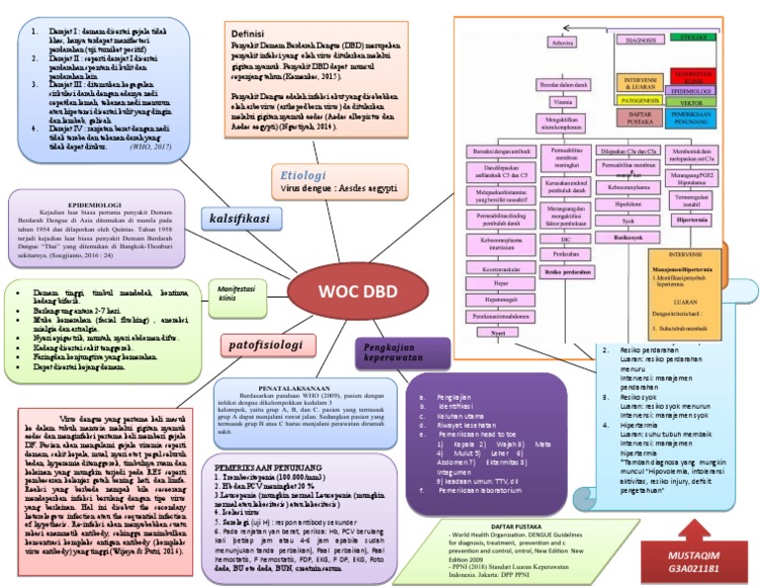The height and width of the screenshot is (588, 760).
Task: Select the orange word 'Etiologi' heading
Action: tap(303, 171)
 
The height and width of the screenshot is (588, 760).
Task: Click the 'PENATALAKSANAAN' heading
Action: tap(285, 389)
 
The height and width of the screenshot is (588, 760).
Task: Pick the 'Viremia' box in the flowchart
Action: tap(563, 102)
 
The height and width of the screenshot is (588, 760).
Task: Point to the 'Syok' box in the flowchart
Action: tap(627, 221)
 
